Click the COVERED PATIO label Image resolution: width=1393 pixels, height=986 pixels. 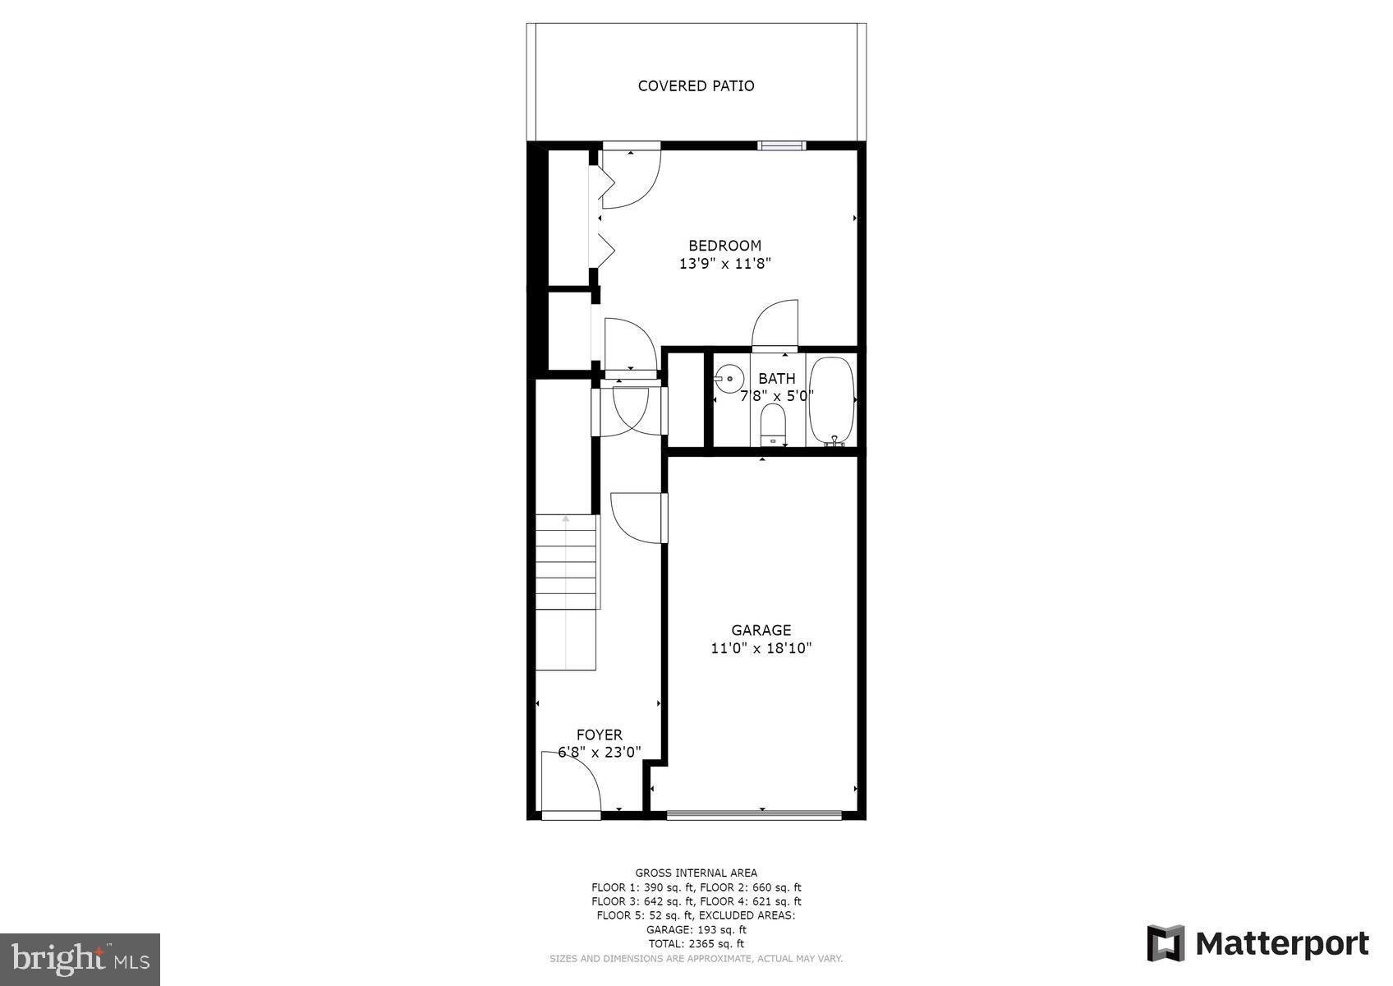[x=696, y=85]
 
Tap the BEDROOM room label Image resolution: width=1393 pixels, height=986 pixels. [x=724, y=245]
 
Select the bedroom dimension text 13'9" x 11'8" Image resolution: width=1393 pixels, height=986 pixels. [x=724, y=264]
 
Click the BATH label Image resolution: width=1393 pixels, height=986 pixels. [x=776, y=379]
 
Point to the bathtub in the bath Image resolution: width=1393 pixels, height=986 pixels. [x=832, y=400]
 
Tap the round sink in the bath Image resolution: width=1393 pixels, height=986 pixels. [x=729, y=379]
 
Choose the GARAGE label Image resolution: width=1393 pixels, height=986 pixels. [x=761, y=630]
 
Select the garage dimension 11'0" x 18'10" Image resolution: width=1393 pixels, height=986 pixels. [x=761, y=648]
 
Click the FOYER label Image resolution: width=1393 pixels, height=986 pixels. [x=600, y=735]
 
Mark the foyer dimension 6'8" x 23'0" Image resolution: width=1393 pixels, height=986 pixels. [x=600, y=752]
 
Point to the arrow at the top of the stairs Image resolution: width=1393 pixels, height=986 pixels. [x=565, y=518]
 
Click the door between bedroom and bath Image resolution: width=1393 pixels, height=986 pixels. [x=775, y=326]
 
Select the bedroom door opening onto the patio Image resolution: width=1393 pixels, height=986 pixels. [x=631, y=176]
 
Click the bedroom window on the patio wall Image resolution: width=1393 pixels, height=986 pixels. [x=782, y=146]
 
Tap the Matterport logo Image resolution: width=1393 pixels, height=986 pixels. [x=1257, y=943]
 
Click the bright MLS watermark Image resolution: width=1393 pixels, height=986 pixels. [x=80, y=959]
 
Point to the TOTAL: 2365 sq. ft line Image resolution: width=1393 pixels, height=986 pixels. [x=696, y=944]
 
